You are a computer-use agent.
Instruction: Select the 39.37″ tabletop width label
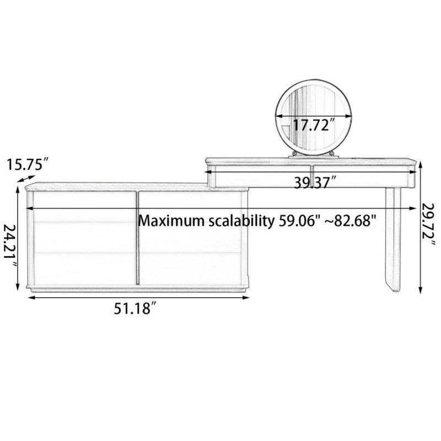(x=315, y=183)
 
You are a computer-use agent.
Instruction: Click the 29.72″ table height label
(x=429, y=225)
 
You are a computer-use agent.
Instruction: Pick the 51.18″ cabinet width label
(x=135, y=309)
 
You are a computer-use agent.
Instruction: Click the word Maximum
(x=171, y=221)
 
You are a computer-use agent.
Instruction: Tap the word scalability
(x=241, y=222)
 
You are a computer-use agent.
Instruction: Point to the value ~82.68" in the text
(x=351, y=220)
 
